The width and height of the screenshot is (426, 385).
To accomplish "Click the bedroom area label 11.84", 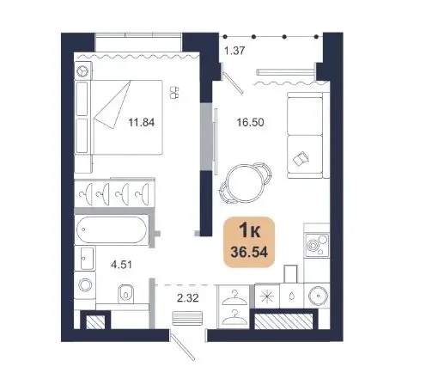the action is (141, 122).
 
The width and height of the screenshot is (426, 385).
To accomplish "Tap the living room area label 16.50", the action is (250, 122).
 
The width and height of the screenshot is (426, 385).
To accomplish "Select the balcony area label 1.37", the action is (234, 51).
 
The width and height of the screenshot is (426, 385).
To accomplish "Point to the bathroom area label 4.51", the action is (122, 265).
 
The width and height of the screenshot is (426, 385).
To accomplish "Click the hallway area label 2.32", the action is (188, 298).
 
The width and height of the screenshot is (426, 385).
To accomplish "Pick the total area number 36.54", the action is (249, 252).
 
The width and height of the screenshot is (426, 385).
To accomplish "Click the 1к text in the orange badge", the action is (250, 230).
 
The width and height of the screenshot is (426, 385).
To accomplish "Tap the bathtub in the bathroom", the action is (112, 230).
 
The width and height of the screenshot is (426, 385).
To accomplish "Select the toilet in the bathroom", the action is (125, 294).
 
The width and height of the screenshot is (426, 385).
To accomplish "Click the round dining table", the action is (244, 183).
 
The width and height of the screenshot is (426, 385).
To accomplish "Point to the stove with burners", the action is (317, 245).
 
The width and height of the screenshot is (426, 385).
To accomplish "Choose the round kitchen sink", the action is (317, 296).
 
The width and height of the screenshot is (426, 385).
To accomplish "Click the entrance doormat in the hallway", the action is (187, 318).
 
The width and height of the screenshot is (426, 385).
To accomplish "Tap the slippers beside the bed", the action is (174, 92).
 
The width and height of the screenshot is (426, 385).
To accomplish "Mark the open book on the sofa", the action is (301, 159).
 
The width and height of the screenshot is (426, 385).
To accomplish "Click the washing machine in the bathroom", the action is (85, 285).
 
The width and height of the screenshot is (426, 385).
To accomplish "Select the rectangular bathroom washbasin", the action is (87, 258).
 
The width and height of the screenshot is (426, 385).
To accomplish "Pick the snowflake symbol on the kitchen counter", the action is (266, 296).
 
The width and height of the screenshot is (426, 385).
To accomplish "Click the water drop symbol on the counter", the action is (291, 296).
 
